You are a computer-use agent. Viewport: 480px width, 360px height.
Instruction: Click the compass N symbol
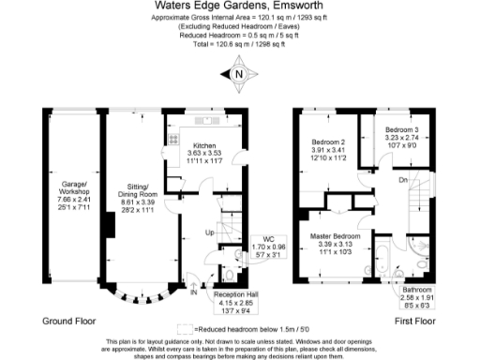coord(239,74)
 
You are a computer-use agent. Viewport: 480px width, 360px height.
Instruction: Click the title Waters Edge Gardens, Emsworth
coord(239,6)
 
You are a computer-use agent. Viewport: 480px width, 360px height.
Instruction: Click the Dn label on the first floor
coord(403,180)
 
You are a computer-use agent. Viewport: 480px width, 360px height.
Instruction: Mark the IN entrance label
coord(194,292)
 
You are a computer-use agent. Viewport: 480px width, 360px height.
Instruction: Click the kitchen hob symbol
coord(173,139)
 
